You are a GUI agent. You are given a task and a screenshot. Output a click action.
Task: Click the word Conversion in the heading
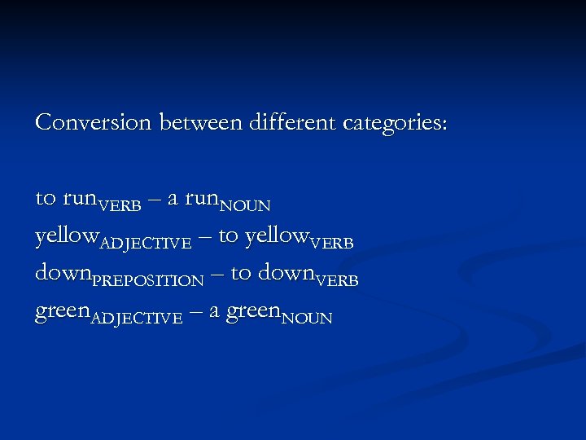94,122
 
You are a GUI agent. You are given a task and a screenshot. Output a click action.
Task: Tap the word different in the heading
291,122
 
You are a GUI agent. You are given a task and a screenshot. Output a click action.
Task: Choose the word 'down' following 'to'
285,274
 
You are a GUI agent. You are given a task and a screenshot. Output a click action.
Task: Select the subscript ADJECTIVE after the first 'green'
136,319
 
